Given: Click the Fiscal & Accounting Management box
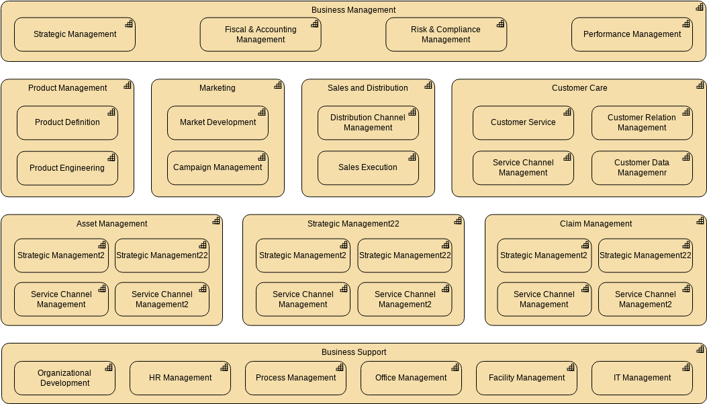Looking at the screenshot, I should click(261, 34).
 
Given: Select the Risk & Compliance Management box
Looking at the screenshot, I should click(446, 34).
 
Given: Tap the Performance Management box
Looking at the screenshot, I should click(632, 34).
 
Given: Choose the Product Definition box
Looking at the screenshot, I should click(67, 122).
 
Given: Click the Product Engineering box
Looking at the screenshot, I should click(67, 168).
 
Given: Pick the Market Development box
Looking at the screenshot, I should click(218, 122).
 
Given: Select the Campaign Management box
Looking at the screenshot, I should click(218, 167).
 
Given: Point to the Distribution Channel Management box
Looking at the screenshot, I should click(368, 122).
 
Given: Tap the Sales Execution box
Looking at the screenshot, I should click(368, 167).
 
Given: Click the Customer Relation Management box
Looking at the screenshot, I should click(642, 122).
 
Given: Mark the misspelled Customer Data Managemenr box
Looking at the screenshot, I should click(642, 167).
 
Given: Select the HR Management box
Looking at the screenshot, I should click(180, 378).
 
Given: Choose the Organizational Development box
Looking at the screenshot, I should click(64, 378).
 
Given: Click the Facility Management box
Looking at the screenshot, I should click(526, 378).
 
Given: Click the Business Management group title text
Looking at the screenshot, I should click(353, 10).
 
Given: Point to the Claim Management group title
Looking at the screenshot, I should click(596, 224).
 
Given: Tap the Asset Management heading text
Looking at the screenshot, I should click(111, 224).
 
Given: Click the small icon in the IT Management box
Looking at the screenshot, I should click(686, 368).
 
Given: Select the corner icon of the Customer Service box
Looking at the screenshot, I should click(567, 112).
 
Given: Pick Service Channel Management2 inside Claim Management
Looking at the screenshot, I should click(645, 299).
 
